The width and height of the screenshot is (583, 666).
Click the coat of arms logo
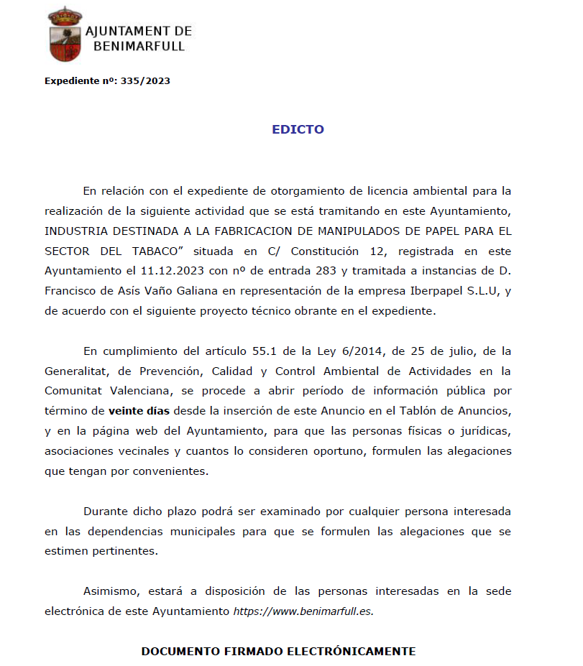tap(65, 34)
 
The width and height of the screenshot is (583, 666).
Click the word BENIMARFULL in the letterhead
tap(139, 47)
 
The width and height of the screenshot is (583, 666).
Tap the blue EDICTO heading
tap(298, 130)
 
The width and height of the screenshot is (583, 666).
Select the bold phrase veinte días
tap(139, 412)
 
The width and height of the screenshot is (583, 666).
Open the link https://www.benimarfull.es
tap(303, 611)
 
